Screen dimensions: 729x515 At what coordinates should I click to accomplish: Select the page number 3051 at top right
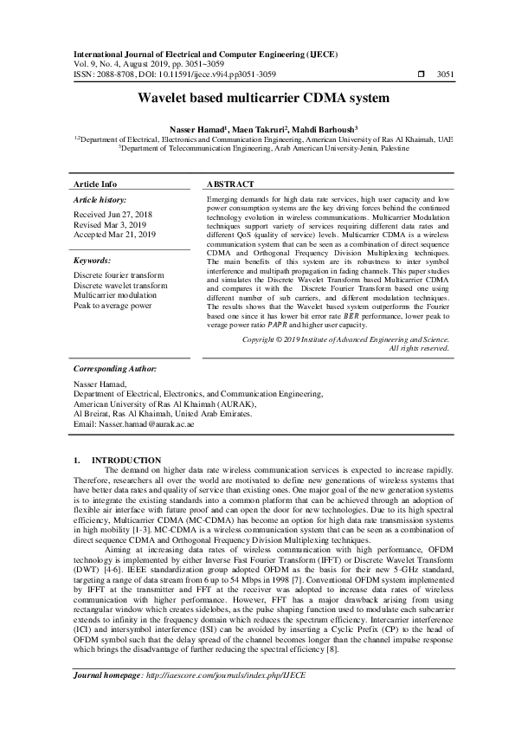tap(445, 75)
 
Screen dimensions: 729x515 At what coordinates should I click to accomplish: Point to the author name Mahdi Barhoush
tap(316, 128)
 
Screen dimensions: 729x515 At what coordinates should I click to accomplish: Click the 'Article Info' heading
tap(95, 184)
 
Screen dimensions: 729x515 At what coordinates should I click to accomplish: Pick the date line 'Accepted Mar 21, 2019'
tap(115, 234)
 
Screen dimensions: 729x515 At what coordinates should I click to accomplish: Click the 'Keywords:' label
tap(92, 260)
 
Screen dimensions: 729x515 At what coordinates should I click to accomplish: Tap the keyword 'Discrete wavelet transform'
tap(120, 285)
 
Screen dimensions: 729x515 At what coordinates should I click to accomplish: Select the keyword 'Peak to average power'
tap(113, 306)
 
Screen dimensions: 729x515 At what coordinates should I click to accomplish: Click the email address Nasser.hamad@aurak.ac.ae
tap(134, 425)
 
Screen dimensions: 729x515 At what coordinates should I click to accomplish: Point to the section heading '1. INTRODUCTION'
tap(117, 460)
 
